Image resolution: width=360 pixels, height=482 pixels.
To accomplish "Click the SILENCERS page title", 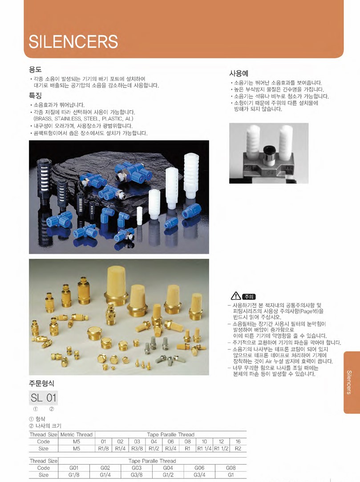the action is click(73, 41).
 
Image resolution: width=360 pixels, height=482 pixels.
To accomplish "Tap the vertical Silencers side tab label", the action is click(349, 382).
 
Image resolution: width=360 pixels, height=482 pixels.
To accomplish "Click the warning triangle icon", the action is click(236, 296).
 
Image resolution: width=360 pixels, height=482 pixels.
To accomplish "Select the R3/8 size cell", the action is click(137, 449).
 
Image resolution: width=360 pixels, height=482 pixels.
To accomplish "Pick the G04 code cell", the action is click(168, 468).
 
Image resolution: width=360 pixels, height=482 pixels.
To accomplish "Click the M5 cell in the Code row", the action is click(77, 442).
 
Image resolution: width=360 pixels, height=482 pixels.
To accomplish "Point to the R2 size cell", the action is click(238, 449).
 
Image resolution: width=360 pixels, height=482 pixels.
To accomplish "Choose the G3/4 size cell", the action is click(199, 475).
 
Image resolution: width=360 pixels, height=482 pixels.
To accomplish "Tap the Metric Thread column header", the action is click(77, 435).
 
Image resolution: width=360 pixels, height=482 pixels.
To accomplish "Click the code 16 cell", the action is click(238, 442).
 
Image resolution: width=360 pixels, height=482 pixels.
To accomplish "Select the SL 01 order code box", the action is click(43, 398).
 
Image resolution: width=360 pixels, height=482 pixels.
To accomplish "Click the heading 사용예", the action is click(239, 73).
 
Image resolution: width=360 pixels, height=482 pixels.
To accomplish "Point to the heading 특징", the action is click(35, 96).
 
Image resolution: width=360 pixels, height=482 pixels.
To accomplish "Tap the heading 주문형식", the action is click(41, 383).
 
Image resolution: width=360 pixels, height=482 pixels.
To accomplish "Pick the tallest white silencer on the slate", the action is click(191, 176).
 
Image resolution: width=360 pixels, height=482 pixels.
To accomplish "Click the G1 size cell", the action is click(231, 475).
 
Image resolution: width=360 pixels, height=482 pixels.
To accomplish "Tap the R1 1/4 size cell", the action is click(204, 449).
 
